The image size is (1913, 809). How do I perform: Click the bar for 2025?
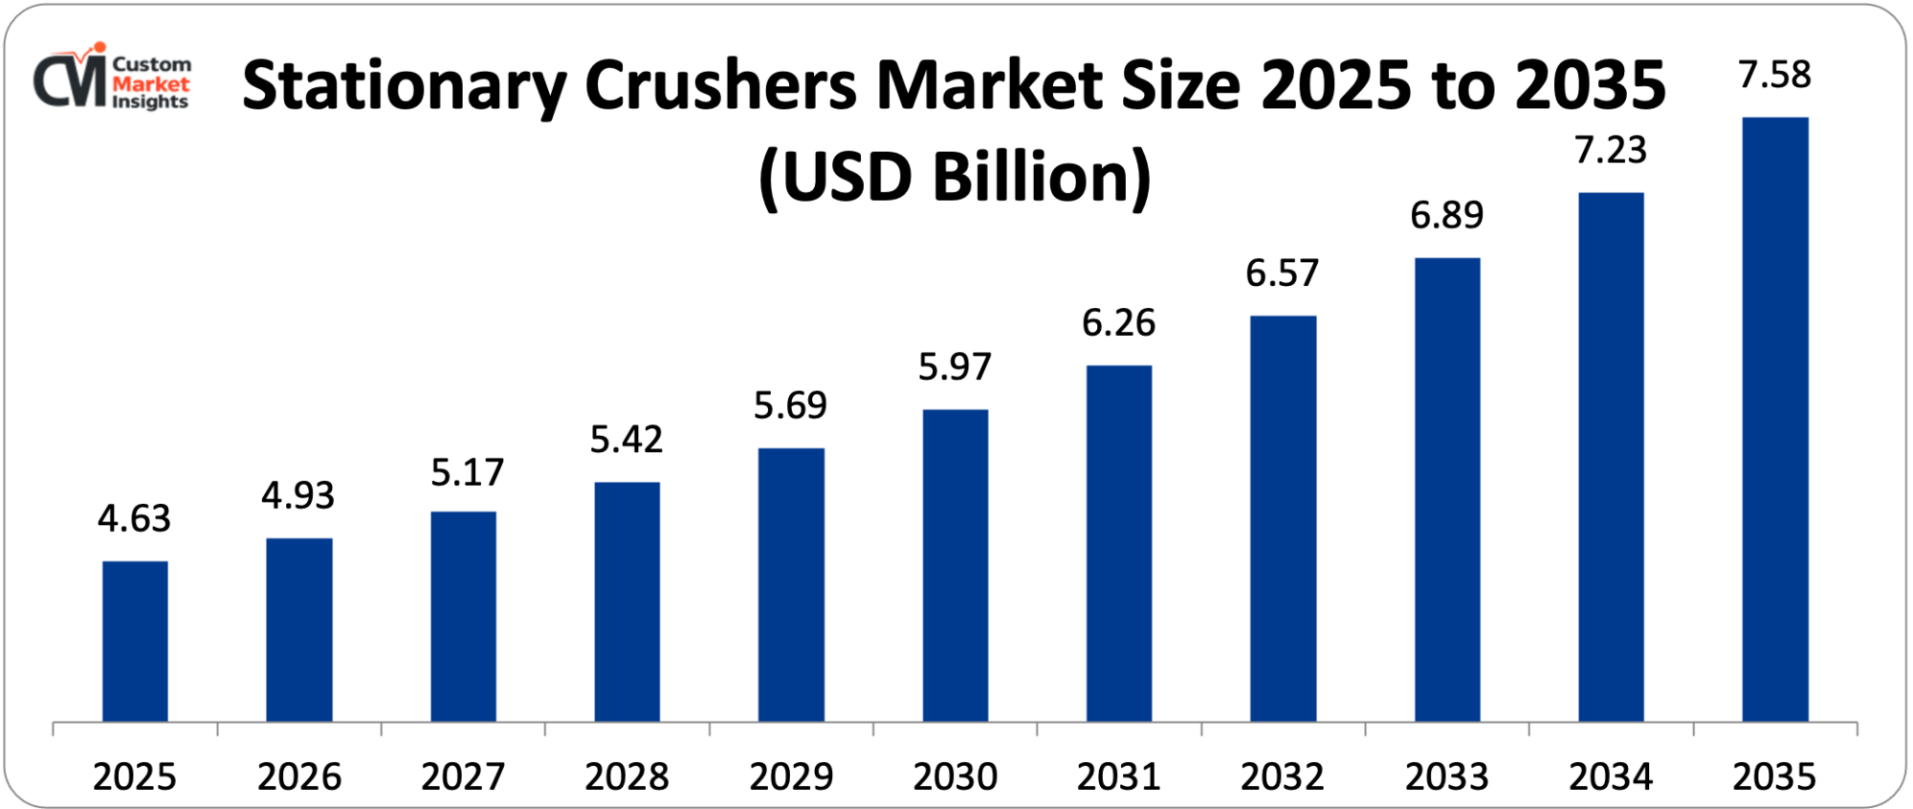pyautogui.click(x=135, y=641)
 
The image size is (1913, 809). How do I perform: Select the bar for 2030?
pyautogui.click(x=955, y=565)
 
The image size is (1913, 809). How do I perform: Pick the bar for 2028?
pyautogui.click(x=627, y=601)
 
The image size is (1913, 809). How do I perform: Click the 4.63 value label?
pyautogui.click(x=134, y=518)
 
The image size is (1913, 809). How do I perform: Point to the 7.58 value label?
pyautogui.click(x=1774, y=75)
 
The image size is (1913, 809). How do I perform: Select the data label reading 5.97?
pyautogui.click(x=955, y=367)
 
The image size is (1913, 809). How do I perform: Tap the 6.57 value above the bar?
pyautogui.click(x=1282, y=273)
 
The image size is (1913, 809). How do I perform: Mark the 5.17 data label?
pyautogui.click(x=467, y=472)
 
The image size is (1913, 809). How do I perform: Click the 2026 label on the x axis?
pyautogui.click(x=298, y=776)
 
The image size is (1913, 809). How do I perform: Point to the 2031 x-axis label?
pyautogui.click(x=1118, y=776)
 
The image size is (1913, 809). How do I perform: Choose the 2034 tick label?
pyautogui.click(x=1611, y=776)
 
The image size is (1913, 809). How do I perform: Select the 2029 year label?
pyautogui.click(x=791, y=776)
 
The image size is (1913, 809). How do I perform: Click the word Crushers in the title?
pyautogui.click(x=720, y=86)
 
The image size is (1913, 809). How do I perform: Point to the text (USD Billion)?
pyautogui.click(x=955, y=178)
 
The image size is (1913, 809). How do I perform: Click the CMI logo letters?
pyautogui.click(x=69, y=80)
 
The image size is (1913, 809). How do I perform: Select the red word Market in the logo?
pyautogui.click(x=151, y=84)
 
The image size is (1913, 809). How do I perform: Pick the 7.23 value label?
pyautogui.click(x=1611, y=150)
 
